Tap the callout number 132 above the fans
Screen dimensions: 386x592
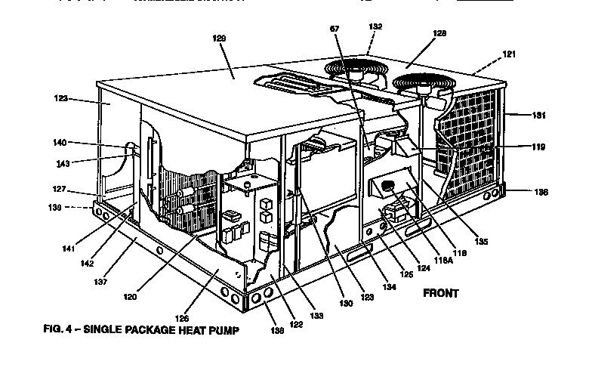click(375, 26)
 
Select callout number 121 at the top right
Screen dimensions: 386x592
click(510, 55)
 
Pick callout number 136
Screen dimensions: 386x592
click(520, 193)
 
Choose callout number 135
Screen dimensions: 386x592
click(481, 242)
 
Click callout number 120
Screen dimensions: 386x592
click(131, 298)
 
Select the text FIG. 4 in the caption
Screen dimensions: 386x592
click(58, 330)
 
